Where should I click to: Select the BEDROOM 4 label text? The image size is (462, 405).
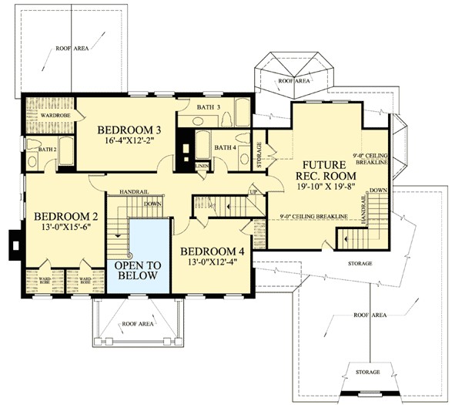213,251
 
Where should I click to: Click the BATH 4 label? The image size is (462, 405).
225,147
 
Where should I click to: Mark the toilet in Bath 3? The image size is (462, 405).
233,120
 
